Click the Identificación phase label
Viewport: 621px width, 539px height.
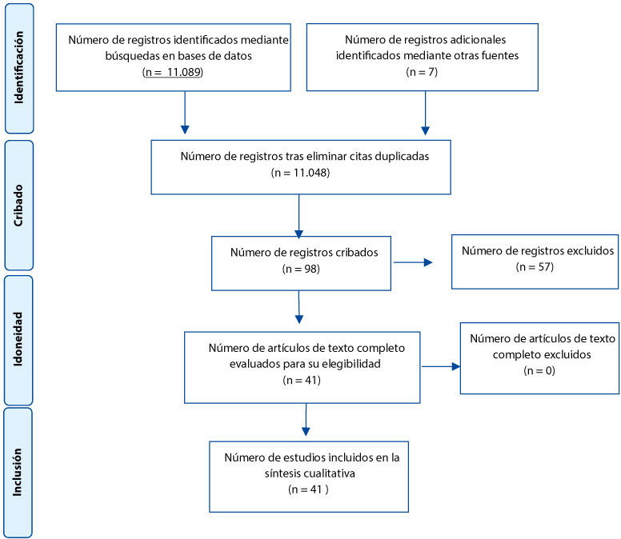click(18, 68)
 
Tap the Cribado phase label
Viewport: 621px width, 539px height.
click(18, 206)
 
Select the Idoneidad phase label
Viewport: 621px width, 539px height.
click(18, 339)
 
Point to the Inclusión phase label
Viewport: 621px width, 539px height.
click(17, 472)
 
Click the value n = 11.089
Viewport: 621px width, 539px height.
click(173, 72)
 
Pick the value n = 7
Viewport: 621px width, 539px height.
click(422, 72)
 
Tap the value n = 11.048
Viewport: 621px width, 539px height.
click(301, 173)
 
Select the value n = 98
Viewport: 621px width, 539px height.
click(301, 269)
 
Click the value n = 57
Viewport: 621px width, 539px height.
click(535, 267)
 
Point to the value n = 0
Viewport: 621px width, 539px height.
click(539, 371)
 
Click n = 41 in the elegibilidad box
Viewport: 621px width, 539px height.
click(302, 381)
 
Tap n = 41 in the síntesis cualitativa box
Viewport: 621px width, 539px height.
click(309, 489)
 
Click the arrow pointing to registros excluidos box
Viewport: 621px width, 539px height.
click(413, 262)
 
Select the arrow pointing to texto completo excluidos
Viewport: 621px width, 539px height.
click(441, 366)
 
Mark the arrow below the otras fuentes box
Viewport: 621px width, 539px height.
click(426, 114)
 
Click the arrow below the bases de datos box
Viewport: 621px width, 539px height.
click(185, 113)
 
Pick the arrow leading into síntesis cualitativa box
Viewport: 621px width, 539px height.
click(306, 420)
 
